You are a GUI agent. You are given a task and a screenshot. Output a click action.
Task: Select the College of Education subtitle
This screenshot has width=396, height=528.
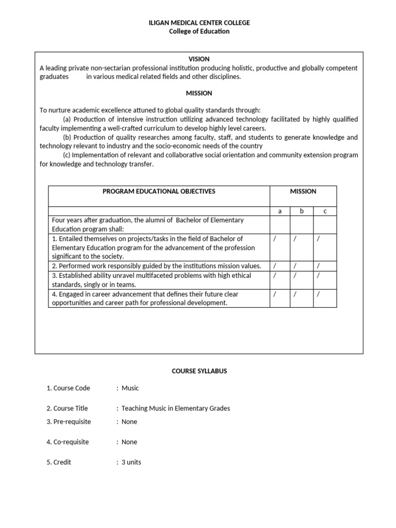199,31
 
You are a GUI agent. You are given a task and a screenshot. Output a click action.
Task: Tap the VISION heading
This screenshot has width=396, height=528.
199,59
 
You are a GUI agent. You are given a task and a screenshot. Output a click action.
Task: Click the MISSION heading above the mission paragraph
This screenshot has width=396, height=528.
199,93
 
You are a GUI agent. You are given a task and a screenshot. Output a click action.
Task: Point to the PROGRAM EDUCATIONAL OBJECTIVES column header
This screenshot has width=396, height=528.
159,191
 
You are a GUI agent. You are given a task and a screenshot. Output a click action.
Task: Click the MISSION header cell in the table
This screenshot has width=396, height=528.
303,191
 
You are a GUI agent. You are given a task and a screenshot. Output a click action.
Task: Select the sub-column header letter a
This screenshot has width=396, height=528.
279,211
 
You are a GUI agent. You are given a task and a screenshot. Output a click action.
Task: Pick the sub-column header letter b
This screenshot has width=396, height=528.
302,211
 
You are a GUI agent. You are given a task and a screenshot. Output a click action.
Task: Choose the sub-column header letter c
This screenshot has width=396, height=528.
325,211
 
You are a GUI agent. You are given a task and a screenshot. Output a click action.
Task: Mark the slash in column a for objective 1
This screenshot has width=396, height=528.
274,239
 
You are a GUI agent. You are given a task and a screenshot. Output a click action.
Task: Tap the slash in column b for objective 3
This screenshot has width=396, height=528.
295,275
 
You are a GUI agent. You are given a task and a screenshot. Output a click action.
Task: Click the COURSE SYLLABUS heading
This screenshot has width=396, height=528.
199,371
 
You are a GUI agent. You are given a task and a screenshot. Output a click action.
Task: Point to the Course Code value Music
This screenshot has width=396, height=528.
130,388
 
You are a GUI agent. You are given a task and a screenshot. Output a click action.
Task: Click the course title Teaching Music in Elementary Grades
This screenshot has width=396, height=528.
175,408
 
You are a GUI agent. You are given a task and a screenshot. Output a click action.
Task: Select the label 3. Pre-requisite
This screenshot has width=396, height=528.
69,422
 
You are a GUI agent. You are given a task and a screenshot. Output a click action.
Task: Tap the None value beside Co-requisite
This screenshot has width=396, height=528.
129,442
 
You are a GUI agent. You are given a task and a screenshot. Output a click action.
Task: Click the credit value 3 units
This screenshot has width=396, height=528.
131,462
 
